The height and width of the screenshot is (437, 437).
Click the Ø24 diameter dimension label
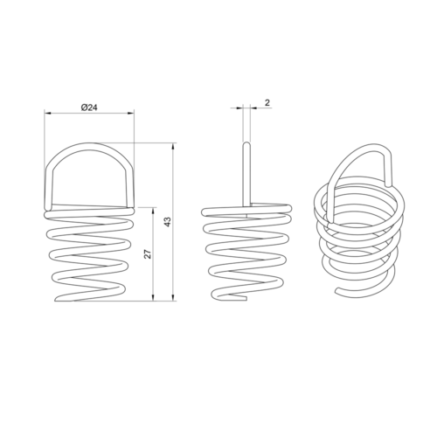[x=89, y=108]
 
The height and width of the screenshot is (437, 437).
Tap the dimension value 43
[x=168, y=222]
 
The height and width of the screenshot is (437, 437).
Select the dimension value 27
[x=148, y=253]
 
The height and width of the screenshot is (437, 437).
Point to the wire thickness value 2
[x=267, y=102]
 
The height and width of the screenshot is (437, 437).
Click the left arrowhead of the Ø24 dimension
[x=48, y=113]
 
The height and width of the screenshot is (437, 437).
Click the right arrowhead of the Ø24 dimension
[x=131, y=113]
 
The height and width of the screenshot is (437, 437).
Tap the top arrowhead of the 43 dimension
[x=174, y=147]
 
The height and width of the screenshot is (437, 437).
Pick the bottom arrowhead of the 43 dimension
[x=174, y=297]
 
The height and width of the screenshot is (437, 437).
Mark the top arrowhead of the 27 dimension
[x=154, y=212]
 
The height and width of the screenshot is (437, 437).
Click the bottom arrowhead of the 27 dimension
[x=154, y=297]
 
